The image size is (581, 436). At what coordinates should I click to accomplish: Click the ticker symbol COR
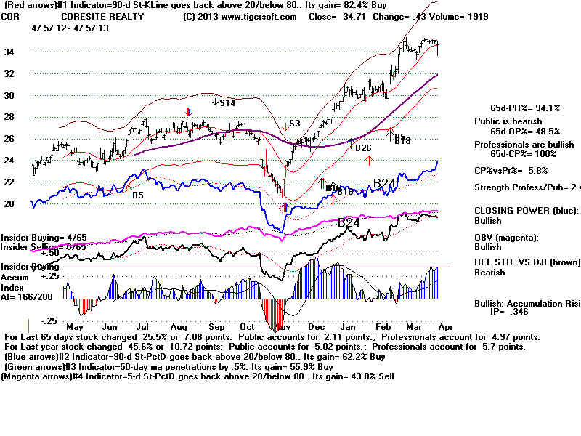point(12,15)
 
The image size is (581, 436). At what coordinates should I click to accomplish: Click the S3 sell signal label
point(294,124)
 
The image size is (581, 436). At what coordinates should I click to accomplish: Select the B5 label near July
point(137,195)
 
